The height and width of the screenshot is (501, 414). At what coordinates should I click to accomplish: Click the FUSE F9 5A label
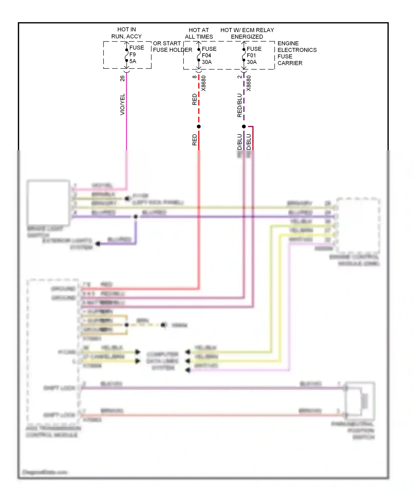coord(136,54)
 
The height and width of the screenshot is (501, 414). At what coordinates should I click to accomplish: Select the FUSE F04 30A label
coord(209,56)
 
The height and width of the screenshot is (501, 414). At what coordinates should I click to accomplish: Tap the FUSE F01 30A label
coord(254,56)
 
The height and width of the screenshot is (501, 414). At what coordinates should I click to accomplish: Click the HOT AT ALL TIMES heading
coord(199,33)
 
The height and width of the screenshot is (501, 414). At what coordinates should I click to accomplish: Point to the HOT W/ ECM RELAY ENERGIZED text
coord(247,33)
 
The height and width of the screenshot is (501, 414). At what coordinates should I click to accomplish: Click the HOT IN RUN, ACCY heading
coord(126,33)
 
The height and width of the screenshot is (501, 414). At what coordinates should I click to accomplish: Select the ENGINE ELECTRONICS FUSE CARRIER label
coord(297,53)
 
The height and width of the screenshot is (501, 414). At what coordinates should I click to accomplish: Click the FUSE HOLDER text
coord(173,50)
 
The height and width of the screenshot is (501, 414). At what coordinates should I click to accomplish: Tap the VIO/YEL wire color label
coord(122,104)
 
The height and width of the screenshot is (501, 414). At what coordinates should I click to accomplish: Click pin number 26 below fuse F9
coord(122,78)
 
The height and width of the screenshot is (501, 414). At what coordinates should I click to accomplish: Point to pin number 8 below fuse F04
coord(195,77)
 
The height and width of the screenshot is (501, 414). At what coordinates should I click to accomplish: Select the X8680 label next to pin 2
coord(249,83)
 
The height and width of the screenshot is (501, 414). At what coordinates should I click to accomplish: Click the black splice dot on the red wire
coord(199,126)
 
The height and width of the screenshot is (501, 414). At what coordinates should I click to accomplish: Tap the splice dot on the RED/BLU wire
coord(244,126)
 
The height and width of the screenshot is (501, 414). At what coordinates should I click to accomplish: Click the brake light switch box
coord(48,202)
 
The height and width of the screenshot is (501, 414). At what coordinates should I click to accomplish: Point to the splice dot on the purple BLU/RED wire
coord(136,217)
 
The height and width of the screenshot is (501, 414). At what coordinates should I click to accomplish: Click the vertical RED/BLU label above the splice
coord(239,106)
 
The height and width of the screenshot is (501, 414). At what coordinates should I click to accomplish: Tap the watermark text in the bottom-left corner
coord(45,472)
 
